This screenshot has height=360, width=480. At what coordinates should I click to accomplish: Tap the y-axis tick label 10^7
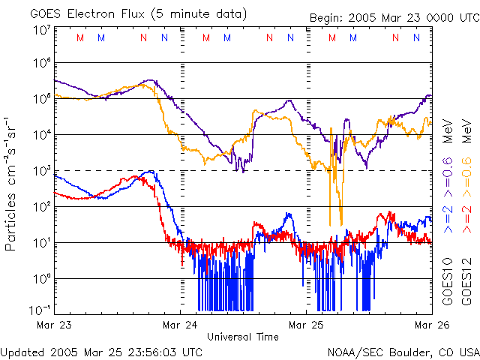click(41, 31)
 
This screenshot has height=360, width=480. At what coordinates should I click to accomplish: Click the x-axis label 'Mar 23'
click(54, 325)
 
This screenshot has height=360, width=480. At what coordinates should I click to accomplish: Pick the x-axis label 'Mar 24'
click(181, 325)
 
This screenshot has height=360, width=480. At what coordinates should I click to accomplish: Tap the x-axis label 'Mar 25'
click(307, 325)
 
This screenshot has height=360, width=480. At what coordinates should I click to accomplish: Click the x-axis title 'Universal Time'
click(242, 337)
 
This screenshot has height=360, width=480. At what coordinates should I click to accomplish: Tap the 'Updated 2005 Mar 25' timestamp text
click(101, 351)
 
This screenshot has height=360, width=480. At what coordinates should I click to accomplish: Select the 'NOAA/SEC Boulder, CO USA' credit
click(403, 351)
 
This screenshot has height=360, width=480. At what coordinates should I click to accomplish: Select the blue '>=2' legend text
click(448, 217)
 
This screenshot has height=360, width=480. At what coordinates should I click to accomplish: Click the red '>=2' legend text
click(466, 217)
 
